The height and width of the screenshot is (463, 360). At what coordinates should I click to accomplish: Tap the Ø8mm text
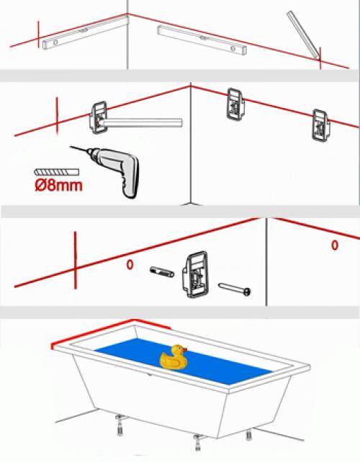(58, 186)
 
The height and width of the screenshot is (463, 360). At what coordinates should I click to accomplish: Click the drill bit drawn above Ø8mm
(51, 174)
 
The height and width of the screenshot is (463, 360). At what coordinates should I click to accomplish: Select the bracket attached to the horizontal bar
(99, 117)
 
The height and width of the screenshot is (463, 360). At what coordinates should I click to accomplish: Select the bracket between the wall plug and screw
(194, 274)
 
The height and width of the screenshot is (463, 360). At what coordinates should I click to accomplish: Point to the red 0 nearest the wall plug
(130, 265)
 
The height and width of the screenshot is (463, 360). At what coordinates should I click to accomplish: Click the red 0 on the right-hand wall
(334, 246)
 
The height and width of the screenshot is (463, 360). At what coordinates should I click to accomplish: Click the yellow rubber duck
(173, 358)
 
